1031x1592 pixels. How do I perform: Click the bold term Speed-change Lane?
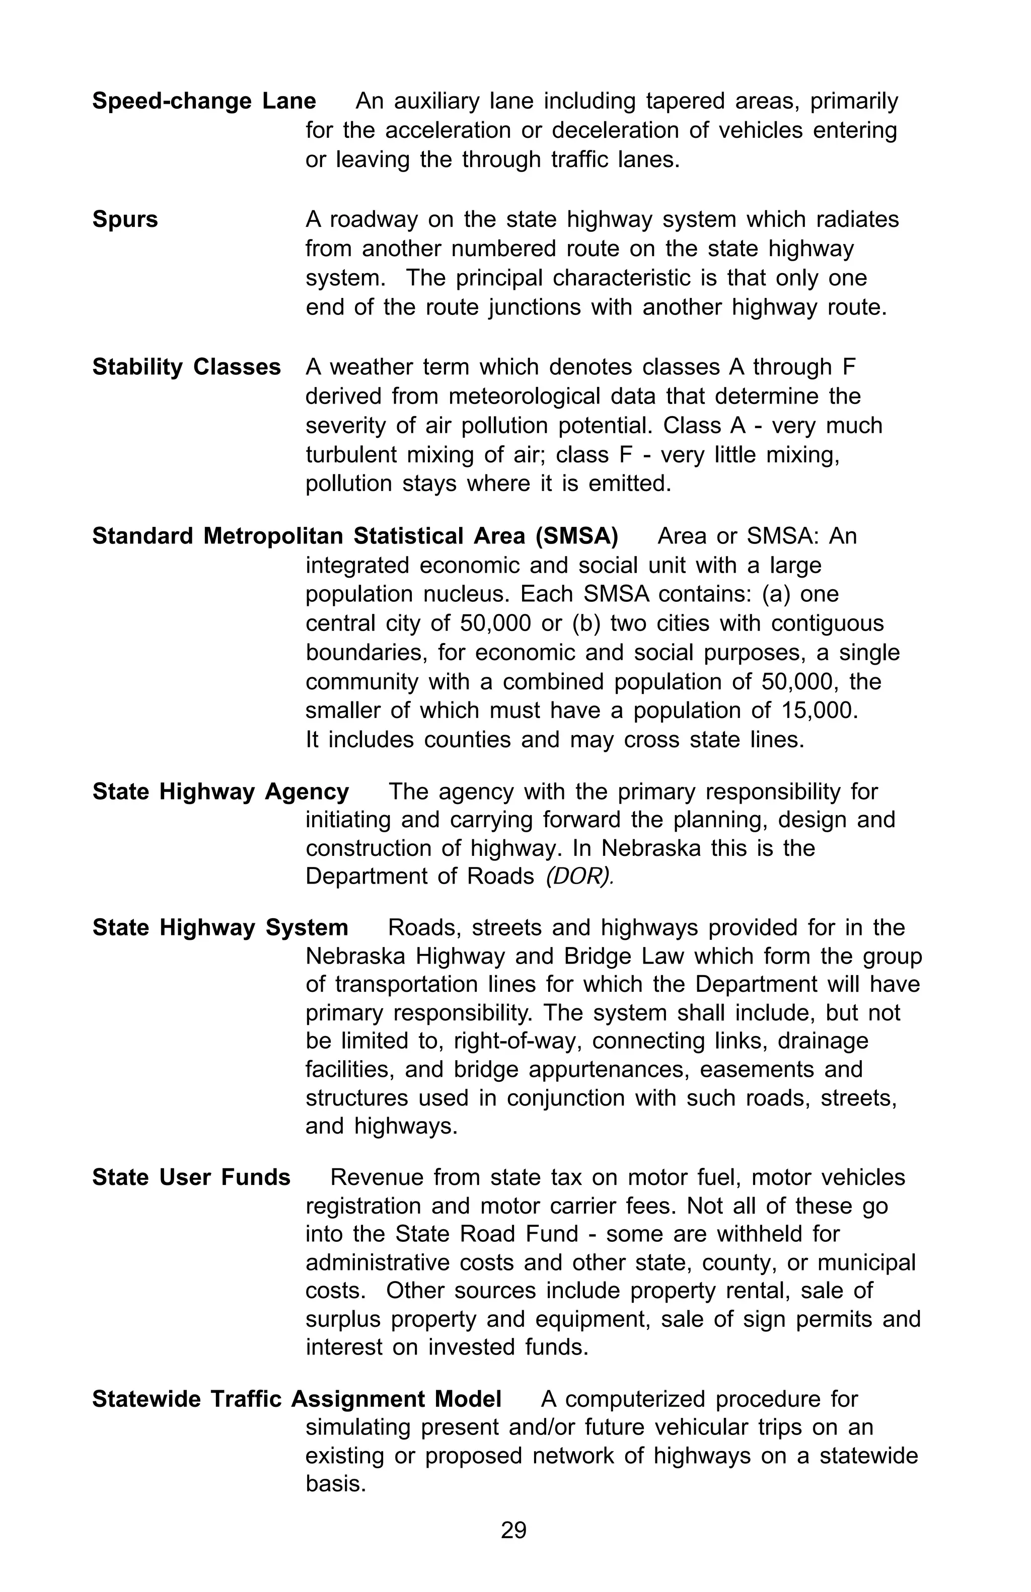(203, 101)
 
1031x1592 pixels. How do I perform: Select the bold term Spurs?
(125, 219)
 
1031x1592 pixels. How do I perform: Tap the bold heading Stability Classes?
(186, 367)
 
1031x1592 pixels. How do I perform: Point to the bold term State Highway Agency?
(220, 792)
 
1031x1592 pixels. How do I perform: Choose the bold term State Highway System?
(220, 928)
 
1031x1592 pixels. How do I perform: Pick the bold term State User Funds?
(191, 1177)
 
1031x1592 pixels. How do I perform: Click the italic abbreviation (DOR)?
(579, 877)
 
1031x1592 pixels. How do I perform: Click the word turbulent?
(352, 455)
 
